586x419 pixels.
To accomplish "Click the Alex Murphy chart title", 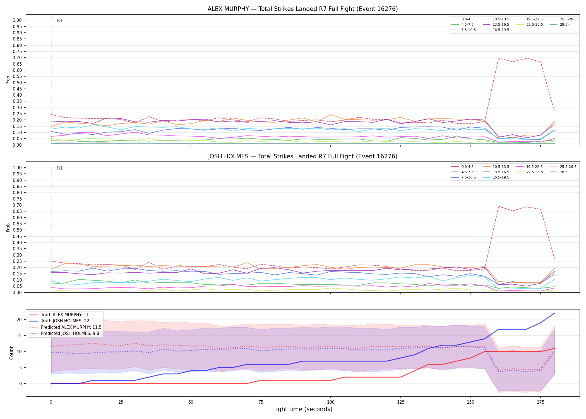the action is (x=303, y=9).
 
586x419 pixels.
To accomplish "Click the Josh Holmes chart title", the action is (x=303, y=156).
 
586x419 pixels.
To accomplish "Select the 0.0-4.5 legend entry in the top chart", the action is (x=462, y=19).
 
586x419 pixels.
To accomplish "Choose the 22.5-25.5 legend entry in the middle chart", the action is (x=529, y=172).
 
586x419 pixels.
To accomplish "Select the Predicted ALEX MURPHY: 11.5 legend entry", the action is (x=65, y=327).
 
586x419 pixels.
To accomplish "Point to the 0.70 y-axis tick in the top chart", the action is (x=17, y=58).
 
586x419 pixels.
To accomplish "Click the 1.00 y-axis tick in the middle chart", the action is (x=17, y=168).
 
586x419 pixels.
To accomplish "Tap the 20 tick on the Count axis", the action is (x=19, y=320).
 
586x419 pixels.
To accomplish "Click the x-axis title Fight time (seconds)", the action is (x=303, y=409).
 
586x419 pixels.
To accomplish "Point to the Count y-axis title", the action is (x=11, y=353).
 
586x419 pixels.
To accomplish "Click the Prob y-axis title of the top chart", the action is (x=8, y=80).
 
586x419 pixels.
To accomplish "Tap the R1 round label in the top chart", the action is (x=60, y=21).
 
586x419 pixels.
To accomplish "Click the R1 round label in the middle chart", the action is (x=60, y=168).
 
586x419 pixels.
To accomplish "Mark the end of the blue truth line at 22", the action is (x=554, y=313).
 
